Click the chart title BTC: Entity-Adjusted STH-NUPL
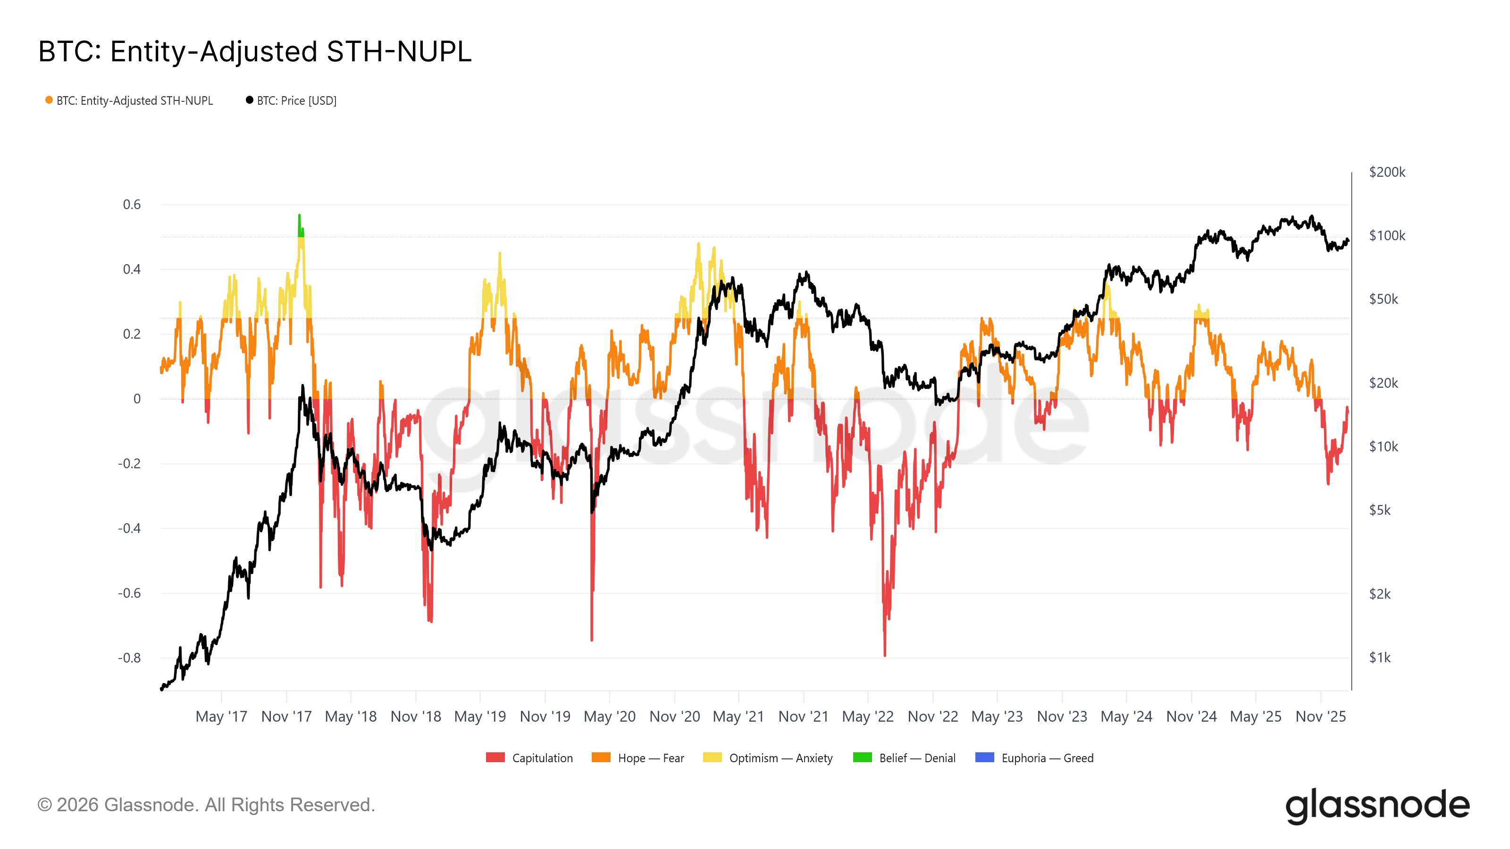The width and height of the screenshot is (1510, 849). click(x=254, y=51)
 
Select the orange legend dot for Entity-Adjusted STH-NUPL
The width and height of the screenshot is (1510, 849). click(x=49, y=100)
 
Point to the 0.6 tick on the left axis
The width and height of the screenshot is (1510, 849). click(x=132, y=205)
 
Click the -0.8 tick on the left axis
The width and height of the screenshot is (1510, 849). click(x=130, y=658)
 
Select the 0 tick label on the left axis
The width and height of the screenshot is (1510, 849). click(x=137, y=399)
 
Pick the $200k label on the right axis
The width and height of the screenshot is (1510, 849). click(x=1387, y=172)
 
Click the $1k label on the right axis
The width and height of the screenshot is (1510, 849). click(x=1379, y=658)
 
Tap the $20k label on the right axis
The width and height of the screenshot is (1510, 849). click(x=1384, y=383)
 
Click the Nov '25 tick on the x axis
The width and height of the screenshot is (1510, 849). click(x=1320, y=716)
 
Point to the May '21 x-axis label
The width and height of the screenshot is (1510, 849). click(x=738, y=716)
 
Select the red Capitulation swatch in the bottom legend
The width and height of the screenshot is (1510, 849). click(x=495, y=757)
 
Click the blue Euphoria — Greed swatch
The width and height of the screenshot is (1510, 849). click(x=984, y=757)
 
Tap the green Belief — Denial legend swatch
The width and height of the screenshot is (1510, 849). click(x=862, y=757)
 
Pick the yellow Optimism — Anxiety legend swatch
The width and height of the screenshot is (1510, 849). click(x=712, y=757)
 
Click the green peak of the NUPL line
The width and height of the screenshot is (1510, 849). click(x=299, y=217)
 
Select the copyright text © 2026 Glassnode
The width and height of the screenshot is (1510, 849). click(x=206, y=805)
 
